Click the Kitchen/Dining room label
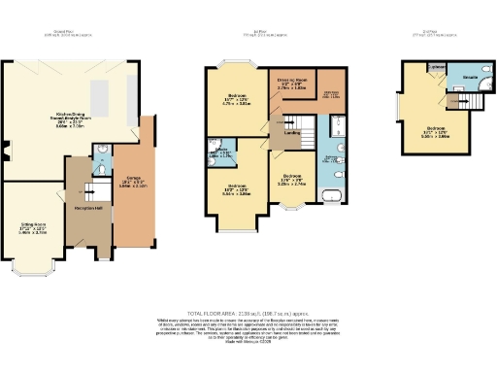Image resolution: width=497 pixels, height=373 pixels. tap(59, 120)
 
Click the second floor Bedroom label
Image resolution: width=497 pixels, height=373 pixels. tap(436, 133)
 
